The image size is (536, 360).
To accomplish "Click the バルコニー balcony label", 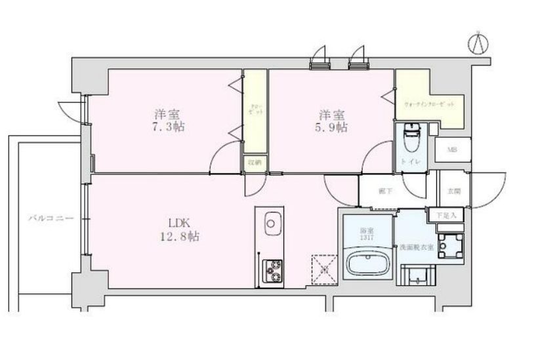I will point(46,216).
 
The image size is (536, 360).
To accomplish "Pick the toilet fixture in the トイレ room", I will point(411,137).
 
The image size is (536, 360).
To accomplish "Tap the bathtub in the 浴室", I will point(366,266).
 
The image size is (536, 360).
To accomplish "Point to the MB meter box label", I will point(452,150).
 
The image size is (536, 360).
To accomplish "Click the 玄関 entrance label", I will point(453,191).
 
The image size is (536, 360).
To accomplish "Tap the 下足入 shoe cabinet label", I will point(447,214).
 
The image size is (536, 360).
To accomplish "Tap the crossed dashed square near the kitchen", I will point(322,268).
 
